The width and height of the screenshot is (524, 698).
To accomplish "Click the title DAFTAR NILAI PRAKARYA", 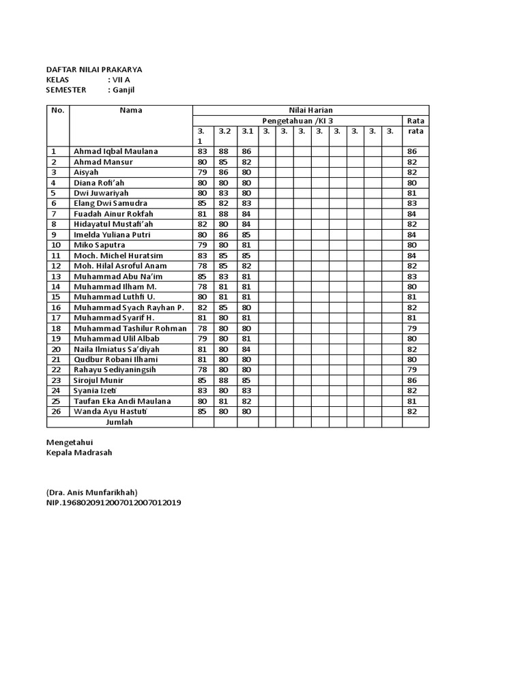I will (94, 70).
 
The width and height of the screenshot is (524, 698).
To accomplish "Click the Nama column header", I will (131, 110).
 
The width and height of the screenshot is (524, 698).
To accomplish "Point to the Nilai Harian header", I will (310, 110).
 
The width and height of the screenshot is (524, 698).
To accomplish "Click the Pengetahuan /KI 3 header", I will (297, 121).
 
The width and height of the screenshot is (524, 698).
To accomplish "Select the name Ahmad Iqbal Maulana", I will (115, 151).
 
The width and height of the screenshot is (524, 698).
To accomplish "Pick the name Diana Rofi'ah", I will (100, 183).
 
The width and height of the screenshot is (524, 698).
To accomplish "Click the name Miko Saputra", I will (99, 245).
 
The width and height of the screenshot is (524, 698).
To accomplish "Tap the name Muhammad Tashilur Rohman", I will (130, 329).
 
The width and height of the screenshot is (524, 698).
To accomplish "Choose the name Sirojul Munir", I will (100, 380).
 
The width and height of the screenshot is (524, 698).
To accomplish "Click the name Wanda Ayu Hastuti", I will (112, 412).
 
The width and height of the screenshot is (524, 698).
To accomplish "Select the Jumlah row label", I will (119, 422).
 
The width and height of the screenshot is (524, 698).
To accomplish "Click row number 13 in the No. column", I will (57, 277).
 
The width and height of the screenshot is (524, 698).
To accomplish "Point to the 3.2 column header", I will (224, 131).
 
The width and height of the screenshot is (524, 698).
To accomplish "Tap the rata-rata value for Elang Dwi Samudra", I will (411, 204).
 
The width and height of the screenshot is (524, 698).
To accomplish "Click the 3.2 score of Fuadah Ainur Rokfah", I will (224, 214).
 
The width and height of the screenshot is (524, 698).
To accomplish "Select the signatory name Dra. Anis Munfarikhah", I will (92, 492).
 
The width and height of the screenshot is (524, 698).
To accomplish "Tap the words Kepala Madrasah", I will (79, 453).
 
